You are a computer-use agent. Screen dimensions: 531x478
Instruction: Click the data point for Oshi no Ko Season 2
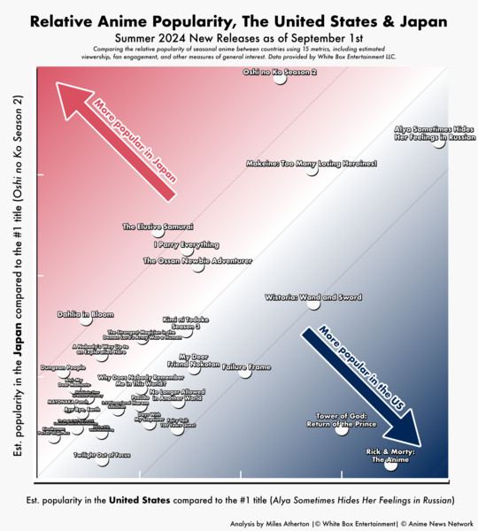click(x=280, y=79)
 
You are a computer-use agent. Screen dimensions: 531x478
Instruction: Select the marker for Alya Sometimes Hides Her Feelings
click(x=440, y=142)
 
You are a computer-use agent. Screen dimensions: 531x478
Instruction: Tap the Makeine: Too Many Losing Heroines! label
click(x=312, y=164)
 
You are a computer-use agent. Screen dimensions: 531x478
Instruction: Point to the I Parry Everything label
click(x=186, y=244)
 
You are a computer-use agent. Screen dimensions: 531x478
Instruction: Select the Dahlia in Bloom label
click(x=85, y=314)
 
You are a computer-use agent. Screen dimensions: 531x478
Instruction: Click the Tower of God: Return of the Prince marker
click(x=341, y=429)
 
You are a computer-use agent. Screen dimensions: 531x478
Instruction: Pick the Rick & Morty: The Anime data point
click(x=390, y=464)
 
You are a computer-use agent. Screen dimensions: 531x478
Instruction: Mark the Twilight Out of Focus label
click(x=102, y=454)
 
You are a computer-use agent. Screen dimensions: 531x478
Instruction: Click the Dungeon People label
click(x=63, y=367)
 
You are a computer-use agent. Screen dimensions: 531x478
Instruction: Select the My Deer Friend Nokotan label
click(x=193, y=360)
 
